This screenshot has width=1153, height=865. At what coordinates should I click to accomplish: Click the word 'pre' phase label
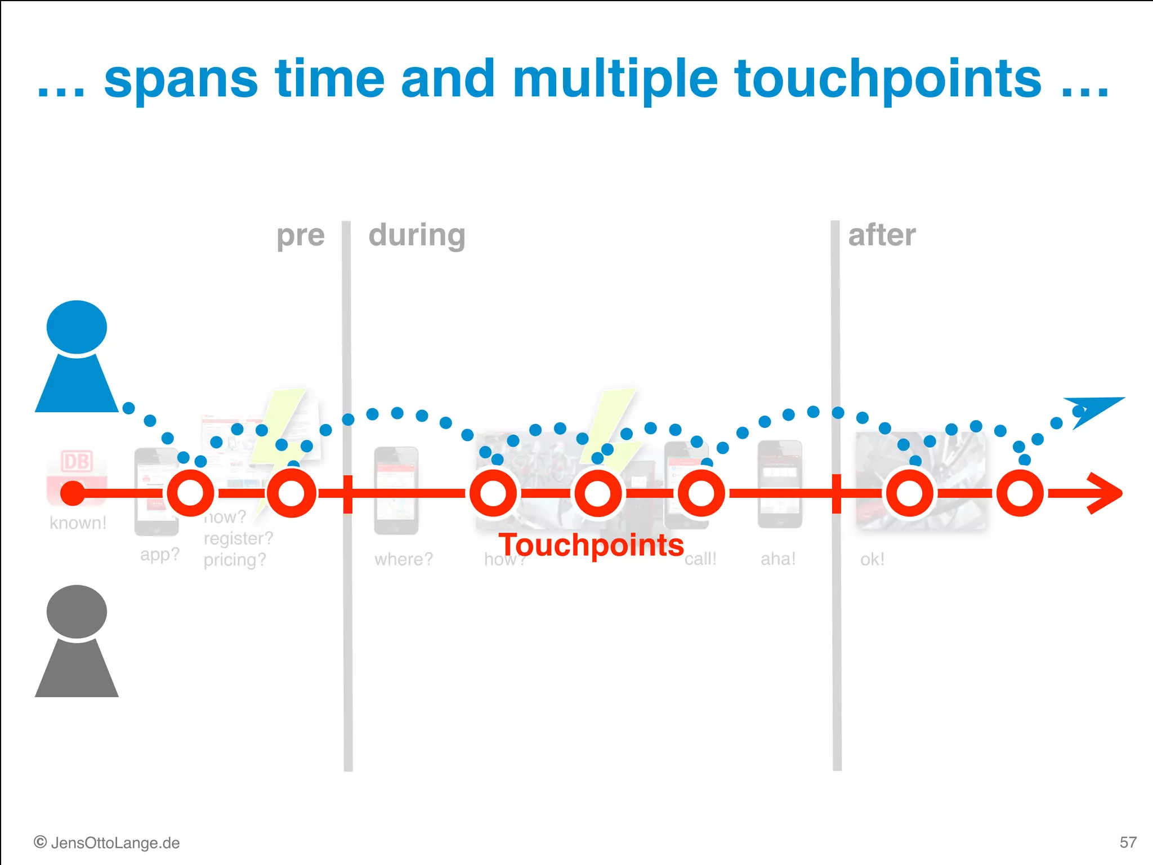coord(301,236)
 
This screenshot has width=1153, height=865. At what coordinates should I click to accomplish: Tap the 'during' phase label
coord(417,235)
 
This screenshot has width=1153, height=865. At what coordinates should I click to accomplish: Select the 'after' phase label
coord(882,235)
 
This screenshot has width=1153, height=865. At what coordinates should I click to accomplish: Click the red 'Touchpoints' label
coord(591,545)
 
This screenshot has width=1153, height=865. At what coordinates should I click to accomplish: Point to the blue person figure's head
coord(77,327)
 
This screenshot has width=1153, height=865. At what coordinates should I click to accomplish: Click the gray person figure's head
coord(77,612)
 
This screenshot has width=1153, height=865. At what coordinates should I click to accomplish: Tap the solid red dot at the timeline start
coord(73,493)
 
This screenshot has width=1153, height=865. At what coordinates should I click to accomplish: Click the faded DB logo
coord(77,462)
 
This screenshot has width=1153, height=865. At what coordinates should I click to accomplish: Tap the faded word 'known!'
coord(78,523)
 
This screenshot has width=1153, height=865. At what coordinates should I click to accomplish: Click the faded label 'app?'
coord(159,555)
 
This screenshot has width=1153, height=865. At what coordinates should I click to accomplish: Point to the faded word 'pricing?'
coord(234,560)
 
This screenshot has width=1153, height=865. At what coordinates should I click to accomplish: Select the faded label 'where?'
coord(404,559)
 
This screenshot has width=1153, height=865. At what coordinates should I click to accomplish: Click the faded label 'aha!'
coord(778,559)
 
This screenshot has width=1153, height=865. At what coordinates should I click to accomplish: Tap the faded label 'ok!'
coord(872,559)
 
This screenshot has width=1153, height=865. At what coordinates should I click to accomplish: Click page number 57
coord(1128,842)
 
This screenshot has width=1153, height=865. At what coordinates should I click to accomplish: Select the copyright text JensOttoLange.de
coord(107,843)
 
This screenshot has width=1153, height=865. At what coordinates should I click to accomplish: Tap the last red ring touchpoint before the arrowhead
coord(1020,493)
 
